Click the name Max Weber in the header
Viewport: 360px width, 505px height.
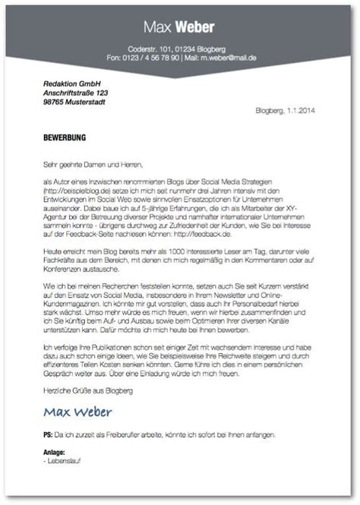(179, 30)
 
